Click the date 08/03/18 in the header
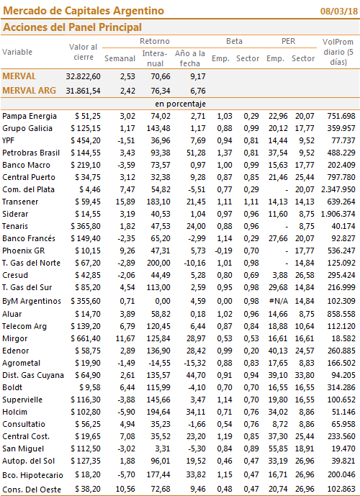pos(339,11)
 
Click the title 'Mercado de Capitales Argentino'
pos(84,11)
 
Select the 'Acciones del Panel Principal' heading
pos(72,27)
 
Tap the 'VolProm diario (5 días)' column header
pos(338,52)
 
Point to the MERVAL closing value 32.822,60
pos(84,76)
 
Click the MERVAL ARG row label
pos(29,91)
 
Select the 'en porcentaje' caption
pos(180,104)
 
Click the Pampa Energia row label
pos(30,117)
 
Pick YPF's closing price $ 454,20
pos(86,140)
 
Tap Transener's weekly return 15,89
pos(125,202)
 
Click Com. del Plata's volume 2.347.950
pos(338,189)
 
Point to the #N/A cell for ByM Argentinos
pos(279,301)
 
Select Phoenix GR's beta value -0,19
pos(223,251)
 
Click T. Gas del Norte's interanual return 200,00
pos(158,263)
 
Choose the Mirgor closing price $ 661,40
pos(86,339)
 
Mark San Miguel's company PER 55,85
pos(278,449)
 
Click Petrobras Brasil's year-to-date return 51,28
pos(196,153)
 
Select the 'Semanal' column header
pos(120,58)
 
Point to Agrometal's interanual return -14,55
pos(160,363)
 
